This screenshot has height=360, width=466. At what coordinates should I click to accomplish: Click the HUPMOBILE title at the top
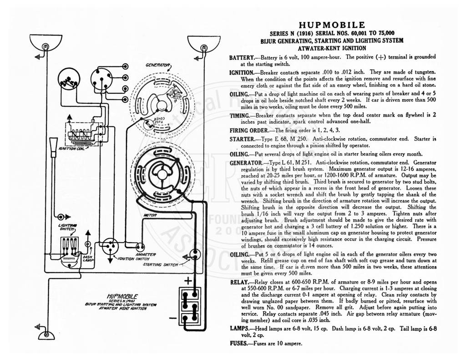tap(332, 25)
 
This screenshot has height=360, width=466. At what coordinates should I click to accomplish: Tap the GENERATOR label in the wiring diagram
tap(157, 65)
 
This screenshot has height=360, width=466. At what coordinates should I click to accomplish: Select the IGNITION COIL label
tap(71, 148)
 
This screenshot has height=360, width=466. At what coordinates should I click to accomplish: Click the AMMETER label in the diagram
tap(146, 254)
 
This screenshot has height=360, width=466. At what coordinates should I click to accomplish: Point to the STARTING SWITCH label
tap(161, 264)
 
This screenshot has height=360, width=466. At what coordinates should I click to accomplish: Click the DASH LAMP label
tap(88, 259)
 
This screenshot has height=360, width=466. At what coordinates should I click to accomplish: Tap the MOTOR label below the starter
tap(150, 215)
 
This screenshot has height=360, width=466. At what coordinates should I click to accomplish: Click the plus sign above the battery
tap(188, 281)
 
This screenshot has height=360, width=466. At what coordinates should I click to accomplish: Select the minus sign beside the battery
tap(172, 319)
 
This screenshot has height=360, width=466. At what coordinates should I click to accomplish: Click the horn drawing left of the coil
tap(54, 147)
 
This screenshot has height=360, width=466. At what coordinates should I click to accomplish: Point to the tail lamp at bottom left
tap(47, 335)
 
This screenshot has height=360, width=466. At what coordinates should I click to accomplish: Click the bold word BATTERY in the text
tap(242, 58)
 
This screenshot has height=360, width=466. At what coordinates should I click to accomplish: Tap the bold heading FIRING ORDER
tap(249, 131)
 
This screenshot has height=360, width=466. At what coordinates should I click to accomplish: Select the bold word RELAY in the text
tap(239, 282)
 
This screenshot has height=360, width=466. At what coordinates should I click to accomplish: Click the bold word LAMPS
tap(239, 329)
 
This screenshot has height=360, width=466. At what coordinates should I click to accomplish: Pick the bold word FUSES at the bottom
tap(238, 344)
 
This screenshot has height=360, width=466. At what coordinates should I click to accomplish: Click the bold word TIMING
tap(239, 116)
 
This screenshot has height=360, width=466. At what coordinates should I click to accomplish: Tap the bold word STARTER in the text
tap(242, 139)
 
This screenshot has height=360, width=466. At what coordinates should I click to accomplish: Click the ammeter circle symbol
tap(140, 247)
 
